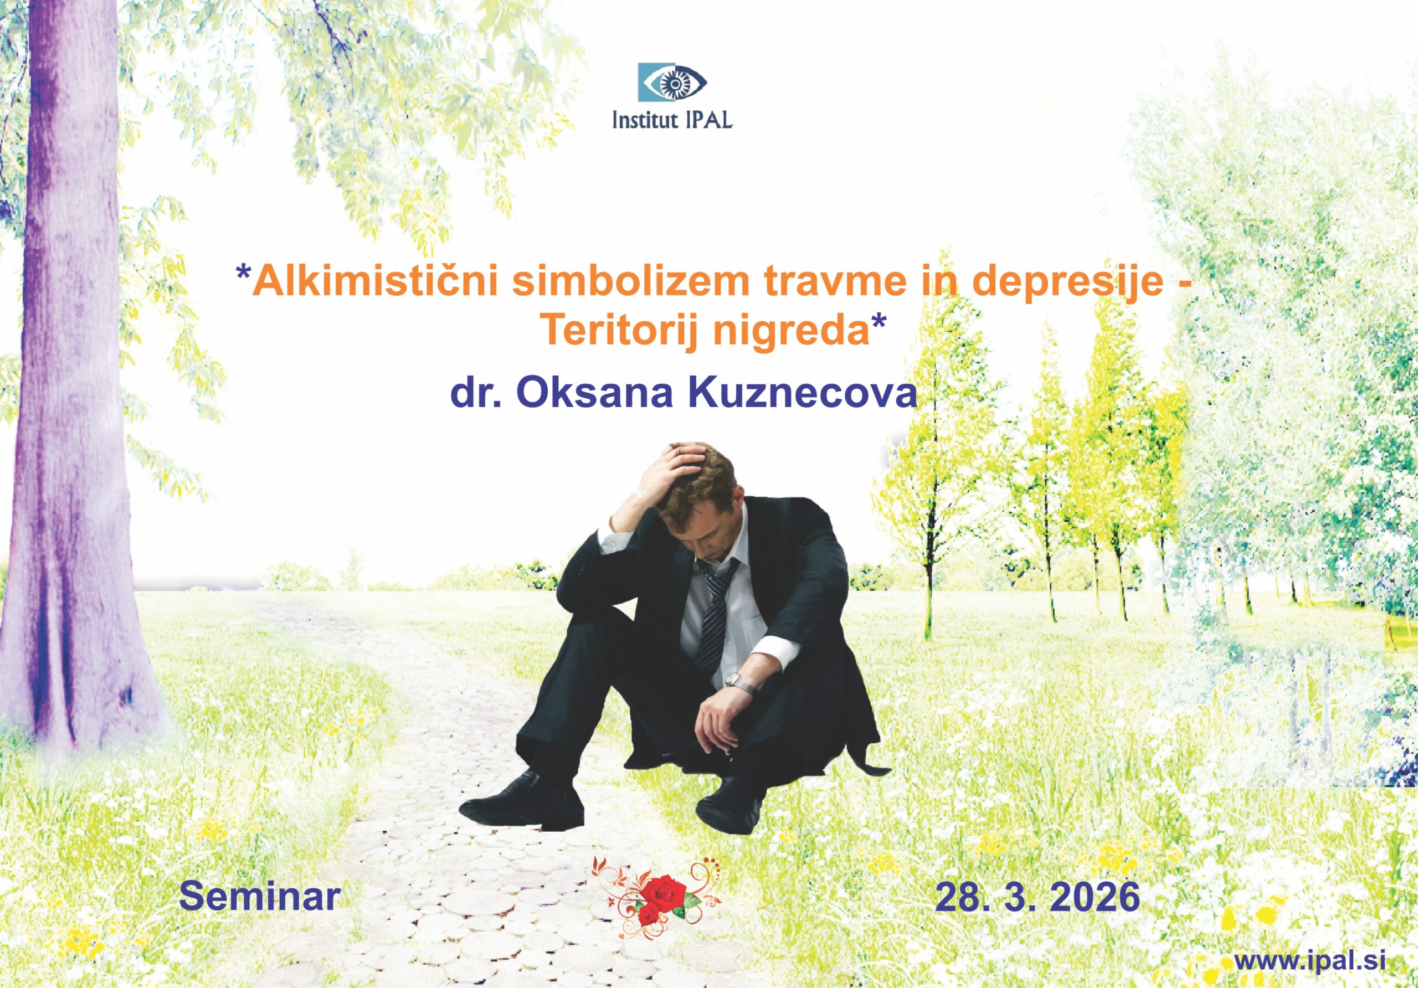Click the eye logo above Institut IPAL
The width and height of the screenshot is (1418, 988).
672,82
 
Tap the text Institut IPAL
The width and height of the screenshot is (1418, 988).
672,119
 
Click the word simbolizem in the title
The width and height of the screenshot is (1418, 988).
630,281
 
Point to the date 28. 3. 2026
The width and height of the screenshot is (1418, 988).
1037,897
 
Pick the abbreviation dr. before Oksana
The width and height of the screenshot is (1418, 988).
477,393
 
